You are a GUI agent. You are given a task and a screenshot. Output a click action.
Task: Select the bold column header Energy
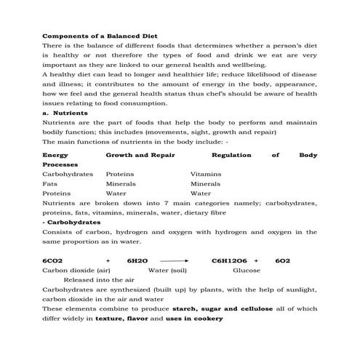coord(55,155)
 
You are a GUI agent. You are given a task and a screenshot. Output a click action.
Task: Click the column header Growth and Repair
coord(140,155)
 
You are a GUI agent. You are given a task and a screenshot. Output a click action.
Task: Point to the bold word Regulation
coord(231,155)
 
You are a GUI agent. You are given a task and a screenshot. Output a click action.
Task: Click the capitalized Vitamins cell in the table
coord(206,175)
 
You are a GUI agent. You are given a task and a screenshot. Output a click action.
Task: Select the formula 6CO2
coord(54,260)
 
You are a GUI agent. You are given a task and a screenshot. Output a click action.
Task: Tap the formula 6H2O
coord(137,260)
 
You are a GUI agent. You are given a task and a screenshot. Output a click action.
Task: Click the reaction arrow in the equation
coord(174,260)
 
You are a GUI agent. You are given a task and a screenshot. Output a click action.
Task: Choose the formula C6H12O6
coord(229,260)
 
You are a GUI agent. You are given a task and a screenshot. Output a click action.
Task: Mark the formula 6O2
coord(283,260)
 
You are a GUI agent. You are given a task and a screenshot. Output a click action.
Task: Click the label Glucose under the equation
coord(247,270)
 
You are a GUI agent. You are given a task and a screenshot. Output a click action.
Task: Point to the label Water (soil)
coord(168,270)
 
